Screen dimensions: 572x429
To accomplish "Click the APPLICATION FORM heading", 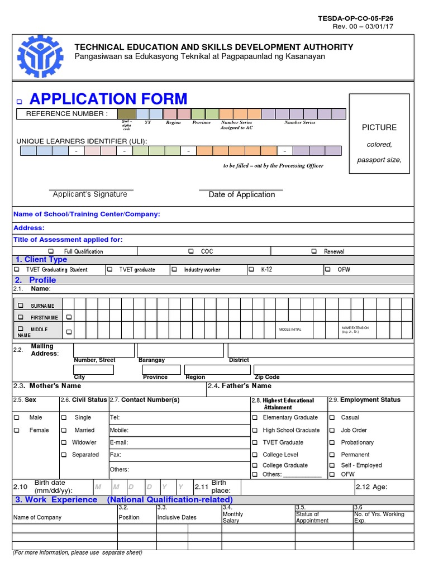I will [x=108, y=99].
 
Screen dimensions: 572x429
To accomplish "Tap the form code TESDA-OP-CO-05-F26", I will [x=355, y=18].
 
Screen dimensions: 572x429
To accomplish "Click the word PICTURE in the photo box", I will [x=379, y=127].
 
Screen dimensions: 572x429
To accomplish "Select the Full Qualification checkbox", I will [x=52, y=251].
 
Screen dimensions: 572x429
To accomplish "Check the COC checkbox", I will [x=191, y=251].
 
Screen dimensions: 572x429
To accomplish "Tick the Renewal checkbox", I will [x=314, y=251].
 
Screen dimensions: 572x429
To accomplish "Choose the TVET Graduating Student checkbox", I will [x=16, y=269].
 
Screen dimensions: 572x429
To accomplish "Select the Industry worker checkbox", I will [x=174, y=269].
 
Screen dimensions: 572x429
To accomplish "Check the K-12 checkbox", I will [x=251, y=269].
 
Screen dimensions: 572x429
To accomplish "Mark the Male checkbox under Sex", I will [x=16, y=417].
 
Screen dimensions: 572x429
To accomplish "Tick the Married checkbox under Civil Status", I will [x=64, y=430].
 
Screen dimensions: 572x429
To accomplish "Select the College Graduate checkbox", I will [x=255, y=465].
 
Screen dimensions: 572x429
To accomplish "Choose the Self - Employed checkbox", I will [x=332, y=465].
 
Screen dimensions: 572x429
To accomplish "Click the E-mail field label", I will [x=119, y=442].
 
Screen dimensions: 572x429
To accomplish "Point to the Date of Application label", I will [x=241, y=194].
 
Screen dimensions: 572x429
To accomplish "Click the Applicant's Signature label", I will [x=90, y=194].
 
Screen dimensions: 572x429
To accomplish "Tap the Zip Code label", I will [x=267, y=377].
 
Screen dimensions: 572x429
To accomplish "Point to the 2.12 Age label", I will [x=371, y=487].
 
